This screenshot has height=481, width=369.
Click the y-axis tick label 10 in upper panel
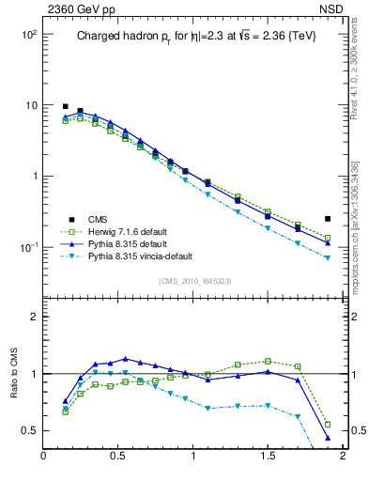29,105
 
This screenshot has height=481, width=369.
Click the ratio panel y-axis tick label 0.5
29,430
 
